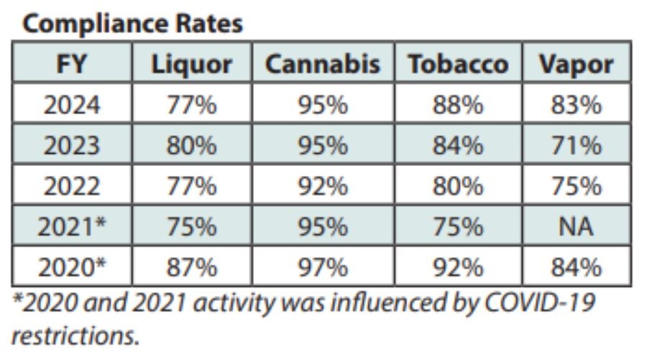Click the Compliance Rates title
click(133, 24)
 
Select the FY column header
click(72, 65)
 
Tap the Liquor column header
click(191, 65)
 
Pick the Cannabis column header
click(323, 65)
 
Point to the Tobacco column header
click(458, 65)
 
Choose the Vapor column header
click(577, 65)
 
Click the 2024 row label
click(72, 106)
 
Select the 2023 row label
click(72, 146)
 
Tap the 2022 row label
click(72, 187)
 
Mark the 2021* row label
click(72, 227)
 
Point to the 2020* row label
click(72, 267)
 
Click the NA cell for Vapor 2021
click(577, 227)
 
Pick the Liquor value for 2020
click(191, 267)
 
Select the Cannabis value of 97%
click(323, 267)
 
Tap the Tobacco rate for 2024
click(458, 106)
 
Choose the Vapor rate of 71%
click(577, 146)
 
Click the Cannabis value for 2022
click(323, 187)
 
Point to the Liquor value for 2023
click(191, 146)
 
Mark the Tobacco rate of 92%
click(458, 267)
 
